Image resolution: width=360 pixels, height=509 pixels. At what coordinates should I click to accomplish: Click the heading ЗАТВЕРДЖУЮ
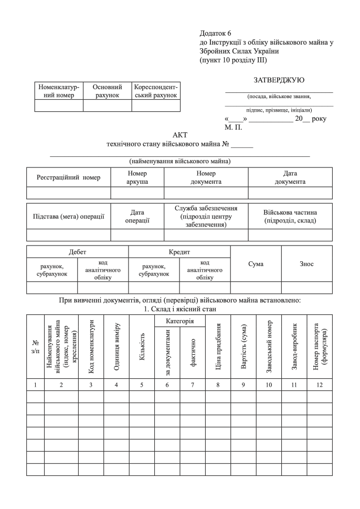pyautogui.click(x=279, y=80)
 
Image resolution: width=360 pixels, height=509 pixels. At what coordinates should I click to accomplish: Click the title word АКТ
pyautogui.click(x=179, y=135)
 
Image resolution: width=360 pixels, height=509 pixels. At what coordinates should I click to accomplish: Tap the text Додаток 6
pyautogui.click(x=215, y=33)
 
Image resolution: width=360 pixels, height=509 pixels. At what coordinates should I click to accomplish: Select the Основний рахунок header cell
pyautogui.click(x=107, y=91)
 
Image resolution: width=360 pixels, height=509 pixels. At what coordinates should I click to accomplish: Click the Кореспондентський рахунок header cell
pyautogui.click(x=156, y=91)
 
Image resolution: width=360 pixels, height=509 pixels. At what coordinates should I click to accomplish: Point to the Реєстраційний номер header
pyautogui.click(x=68, y=177)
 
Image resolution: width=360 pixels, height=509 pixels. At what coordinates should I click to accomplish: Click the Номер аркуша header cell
pyautogui.click(x=137, y=177)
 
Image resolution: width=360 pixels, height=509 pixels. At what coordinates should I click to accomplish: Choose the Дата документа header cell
pyautogui.click(x=290, y=177)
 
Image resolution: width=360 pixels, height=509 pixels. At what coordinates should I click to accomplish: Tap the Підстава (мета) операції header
pyautogui.click(x=68, y=216)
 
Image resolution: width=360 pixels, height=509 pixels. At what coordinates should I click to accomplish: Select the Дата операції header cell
pyautogui.click(x=137, y=216)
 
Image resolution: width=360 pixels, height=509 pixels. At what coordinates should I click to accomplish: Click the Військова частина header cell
pyautogui.click(x=290, y=216)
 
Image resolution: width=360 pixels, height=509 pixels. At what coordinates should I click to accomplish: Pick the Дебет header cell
pyautogui.click(x=77, y=252)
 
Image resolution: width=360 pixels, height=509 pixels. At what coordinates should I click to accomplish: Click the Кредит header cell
pyautogui.click(x=179, y=252)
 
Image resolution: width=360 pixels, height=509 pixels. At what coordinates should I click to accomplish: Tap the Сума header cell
pyautogui.click(x=256, y=263)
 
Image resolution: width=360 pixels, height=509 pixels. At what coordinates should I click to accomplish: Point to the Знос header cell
pyautogui.click(x=306, y=263)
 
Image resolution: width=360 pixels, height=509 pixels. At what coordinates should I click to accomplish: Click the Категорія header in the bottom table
pyautogui.click(x=180, y=320)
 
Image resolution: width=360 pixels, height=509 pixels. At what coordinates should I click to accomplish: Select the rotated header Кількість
pyautogui.click(x=142, y=347)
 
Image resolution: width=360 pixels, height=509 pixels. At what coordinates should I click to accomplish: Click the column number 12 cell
pyautogui.click(x=320, y=385)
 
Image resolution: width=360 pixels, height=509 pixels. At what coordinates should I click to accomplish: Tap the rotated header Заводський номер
pyautogui.click(x=268, y=347)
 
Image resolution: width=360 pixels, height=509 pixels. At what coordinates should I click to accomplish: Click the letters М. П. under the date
pyautogui.click(x=232, y=127)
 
